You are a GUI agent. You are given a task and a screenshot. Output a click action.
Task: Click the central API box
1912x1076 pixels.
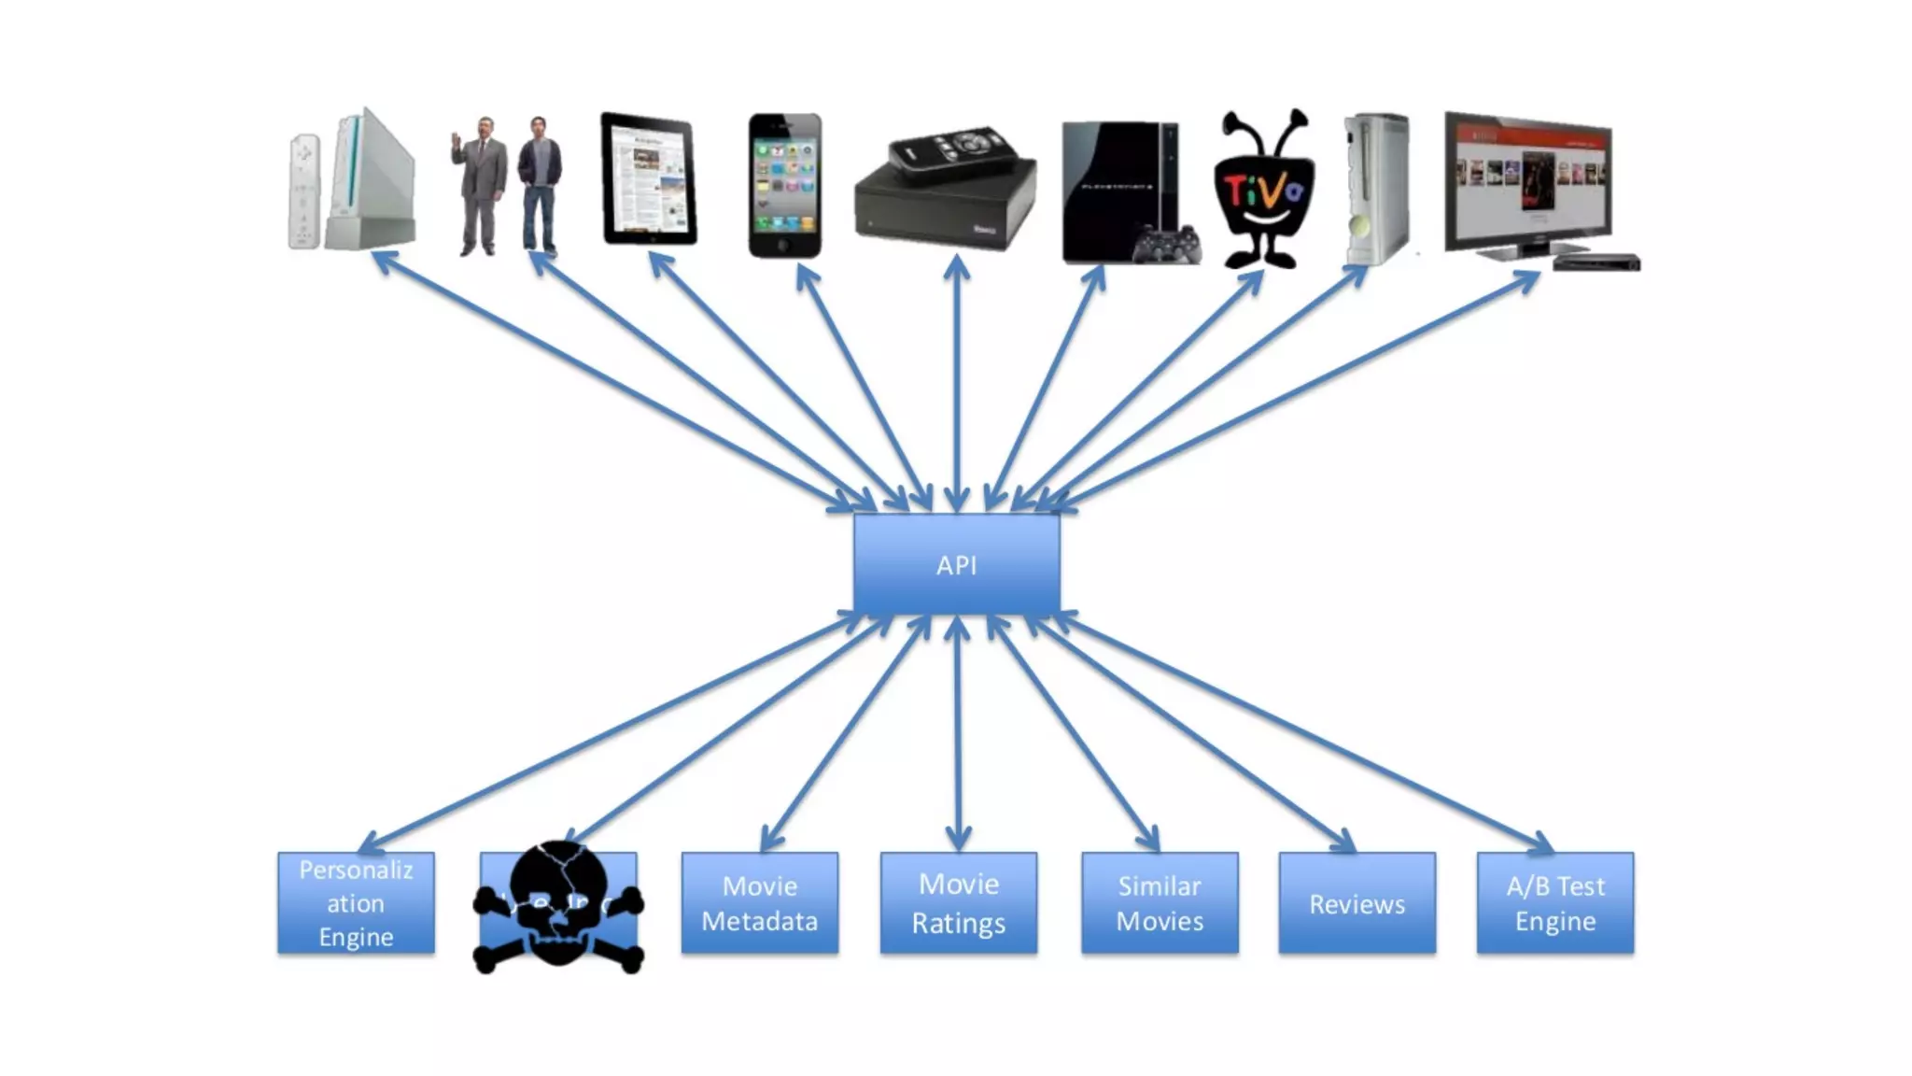tap(956, 564)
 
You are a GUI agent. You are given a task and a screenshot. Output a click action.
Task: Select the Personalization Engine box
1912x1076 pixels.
tap(356, 903)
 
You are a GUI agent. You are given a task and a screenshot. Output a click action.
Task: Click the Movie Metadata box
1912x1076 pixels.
tap(759, 903)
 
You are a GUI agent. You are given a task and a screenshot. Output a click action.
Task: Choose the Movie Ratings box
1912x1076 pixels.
tap(958, 903)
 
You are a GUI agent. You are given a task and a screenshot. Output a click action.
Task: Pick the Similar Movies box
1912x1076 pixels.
tap(1160, 903)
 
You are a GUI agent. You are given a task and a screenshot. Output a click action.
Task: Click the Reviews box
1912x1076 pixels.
tap(1357, 903)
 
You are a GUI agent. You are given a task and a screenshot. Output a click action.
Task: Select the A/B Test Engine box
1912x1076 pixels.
tap(1554, 903)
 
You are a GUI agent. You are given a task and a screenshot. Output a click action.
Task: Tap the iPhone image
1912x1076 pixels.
tap(785, 185)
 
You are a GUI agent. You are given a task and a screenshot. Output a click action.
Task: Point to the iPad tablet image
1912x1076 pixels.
tap(649, 179)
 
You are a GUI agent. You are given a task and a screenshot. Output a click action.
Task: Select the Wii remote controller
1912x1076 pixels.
tap(303, 191)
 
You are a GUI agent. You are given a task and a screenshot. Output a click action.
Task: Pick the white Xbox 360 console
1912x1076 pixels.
tap(1377, 187)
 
